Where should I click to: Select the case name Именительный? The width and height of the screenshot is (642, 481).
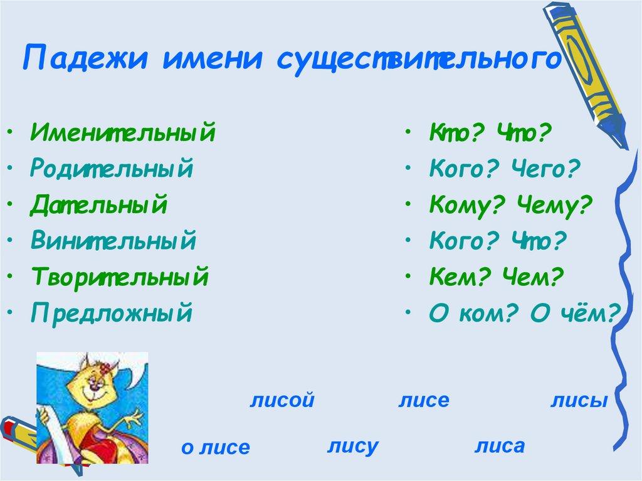point(122,133)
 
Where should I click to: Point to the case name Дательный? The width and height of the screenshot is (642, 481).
point(98,204)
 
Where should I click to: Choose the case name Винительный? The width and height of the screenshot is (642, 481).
point(112,240)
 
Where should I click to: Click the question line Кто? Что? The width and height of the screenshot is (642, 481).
point(490,133)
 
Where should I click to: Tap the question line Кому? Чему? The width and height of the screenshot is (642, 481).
point(511,204)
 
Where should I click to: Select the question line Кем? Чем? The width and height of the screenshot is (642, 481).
point(497,276)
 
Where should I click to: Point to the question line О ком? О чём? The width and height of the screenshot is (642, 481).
point(524,312)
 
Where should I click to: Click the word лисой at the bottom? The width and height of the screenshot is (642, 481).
point(281,401)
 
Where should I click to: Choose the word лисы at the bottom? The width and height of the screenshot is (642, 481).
point(579,401)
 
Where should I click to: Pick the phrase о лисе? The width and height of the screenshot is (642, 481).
point(215,447)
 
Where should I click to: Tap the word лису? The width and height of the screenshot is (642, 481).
point(352,447)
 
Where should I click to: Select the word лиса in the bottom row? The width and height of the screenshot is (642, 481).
point(499,446)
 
